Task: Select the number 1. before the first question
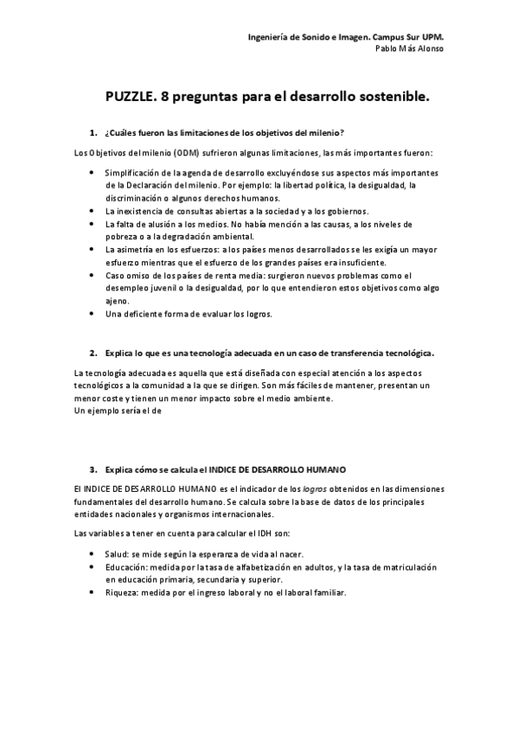93,132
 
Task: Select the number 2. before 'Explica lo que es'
93,353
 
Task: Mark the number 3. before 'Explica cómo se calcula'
93,468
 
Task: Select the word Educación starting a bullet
126,567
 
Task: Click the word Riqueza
122,593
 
